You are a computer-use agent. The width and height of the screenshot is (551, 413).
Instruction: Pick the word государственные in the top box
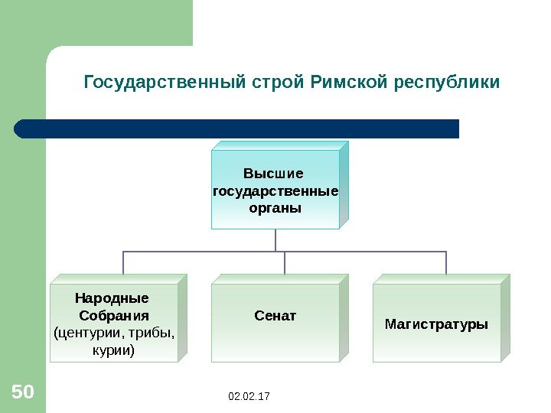click(x=275, y=190)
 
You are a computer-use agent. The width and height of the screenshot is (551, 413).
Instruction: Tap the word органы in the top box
click(x=275, y=207)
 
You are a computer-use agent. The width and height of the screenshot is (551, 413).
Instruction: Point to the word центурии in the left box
click(x=85, y=333)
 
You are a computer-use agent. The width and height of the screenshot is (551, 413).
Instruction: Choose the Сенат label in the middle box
click(x=275, y=315)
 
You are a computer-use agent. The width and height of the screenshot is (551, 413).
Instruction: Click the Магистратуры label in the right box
click(x=436, y=324)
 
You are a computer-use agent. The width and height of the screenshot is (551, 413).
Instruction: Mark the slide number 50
click(x=23, y=393)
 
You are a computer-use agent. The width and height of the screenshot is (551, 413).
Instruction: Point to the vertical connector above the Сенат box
click(x=284, y=262)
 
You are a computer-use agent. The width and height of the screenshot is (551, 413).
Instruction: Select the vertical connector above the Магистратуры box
click(x=447, y=262)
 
